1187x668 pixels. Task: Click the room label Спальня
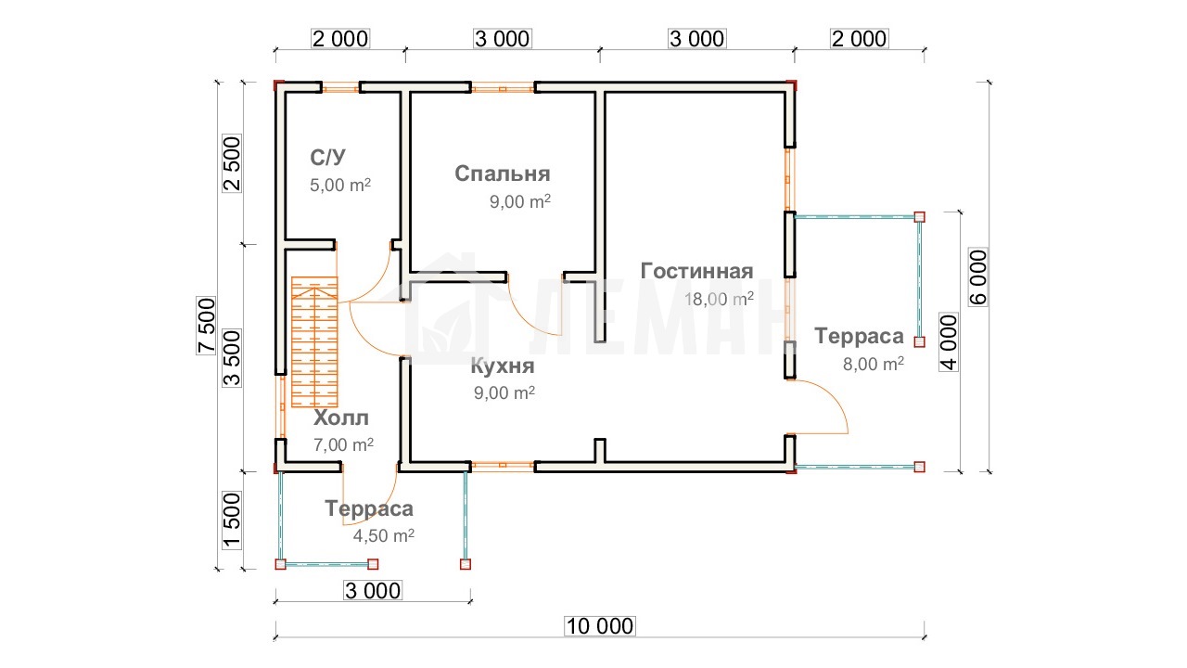coord(503,173)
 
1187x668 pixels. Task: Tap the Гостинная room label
coord(696,271)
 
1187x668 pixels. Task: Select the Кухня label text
coord(503,366)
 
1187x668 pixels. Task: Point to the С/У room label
coord(327,157)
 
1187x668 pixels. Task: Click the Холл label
coord(340,417)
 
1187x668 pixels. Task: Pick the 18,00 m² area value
coord(719,299)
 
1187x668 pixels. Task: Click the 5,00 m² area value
coord(340,185)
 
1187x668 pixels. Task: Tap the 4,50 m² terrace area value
coord(384,535)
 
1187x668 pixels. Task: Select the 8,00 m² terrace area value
coord(874,365)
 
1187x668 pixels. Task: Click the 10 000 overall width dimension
coord(600,626)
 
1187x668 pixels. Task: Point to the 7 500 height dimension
coord(206,326)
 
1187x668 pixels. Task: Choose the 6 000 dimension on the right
coord(978,277)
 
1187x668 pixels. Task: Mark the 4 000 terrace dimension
coord(949,342)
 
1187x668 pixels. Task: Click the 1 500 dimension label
coord(232,520)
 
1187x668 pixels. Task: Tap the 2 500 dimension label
coord(232,163)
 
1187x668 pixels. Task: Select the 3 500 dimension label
coord(232,358)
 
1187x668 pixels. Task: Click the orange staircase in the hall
coord(314,342)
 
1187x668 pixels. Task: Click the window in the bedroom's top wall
coord(503,88)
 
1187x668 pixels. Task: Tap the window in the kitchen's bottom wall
coord(503,466)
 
